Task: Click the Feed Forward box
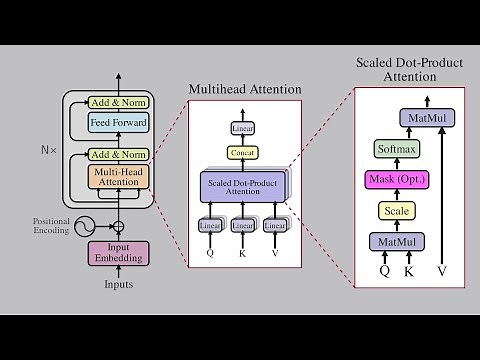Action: pos(119,124)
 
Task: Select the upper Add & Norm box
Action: pos(119,103)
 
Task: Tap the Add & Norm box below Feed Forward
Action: pos(119,154)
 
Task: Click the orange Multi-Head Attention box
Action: pos(119,177)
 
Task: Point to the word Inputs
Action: pos(119,284)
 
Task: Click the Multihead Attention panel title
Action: pos(245,90)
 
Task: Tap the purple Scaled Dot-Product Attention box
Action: pos(243,186)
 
